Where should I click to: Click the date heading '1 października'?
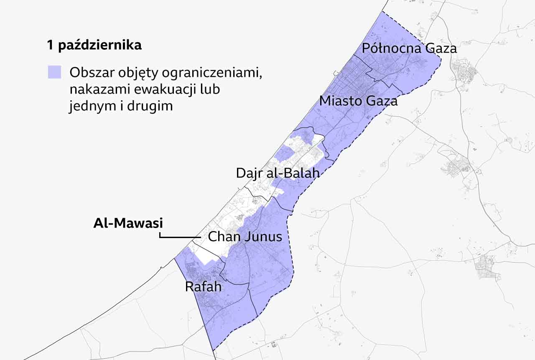pos(94,46)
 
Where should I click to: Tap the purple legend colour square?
pos(54,72)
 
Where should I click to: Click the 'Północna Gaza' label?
pos(409,48)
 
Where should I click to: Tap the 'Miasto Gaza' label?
pos(358,101)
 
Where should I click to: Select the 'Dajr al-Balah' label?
pos(278,173)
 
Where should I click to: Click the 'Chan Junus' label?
pos(245,237)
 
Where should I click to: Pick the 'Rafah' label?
pos(203,286)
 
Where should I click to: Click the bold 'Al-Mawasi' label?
pos(128,223)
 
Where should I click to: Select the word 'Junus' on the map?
pos(263,237)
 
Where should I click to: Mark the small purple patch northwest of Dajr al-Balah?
pos(285,153)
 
